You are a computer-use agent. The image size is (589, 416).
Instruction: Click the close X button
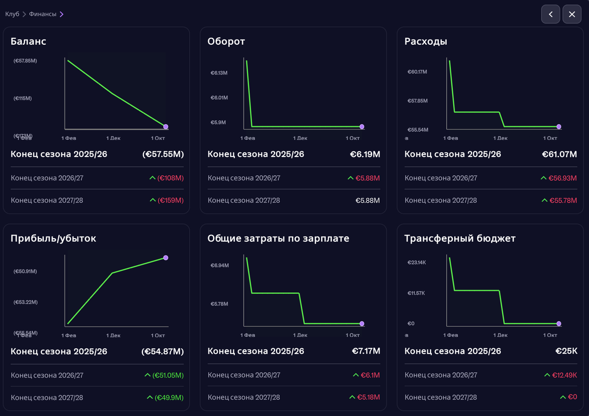pyautogui.click(x=572, y=14)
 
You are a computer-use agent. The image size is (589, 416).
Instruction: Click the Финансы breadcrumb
pyautogui.click(x=43, y=14)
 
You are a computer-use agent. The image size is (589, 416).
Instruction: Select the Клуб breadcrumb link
pyautogui.click(x=12, y=14)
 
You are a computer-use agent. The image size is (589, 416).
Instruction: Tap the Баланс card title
pyautogui.click(x=28, y=42)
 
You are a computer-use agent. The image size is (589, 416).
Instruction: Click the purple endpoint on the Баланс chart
pyautogui.click(x=166, y=126)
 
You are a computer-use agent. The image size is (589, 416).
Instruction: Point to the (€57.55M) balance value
pyautogui.click(x=163, y=154)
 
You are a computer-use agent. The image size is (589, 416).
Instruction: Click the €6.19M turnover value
pyautogui.click(x=365, y=154)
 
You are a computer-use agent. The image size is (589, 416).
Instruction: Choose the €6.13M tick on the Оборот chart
pyautogui.click(x=219, y=73)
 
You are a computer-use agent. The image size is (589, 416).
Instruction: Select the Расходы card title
pyautogui.click(x=426, y=42)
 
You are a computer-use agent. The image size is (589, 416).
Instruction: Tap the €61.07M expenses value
pyautogui.click(x=559, y=154)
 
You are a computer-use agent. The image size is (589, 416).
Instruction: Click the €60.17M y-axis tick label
pyautogui.click(x=417, y=71)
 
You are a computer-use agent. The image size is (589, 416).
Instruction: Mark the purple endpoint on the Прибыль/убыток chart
pyautogui.click(x=166, y=257)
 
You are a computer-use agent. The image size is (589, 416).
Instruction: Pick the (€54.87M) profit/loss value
pyautogui.click(x=163, y=352)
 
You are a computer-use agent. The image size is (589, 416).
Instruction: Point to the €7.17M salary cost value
pyautogui.click(x=366, y=352)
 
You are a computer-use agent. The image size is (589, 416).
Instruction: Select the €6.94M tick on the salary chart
pyautogui.click(x=219, y=265)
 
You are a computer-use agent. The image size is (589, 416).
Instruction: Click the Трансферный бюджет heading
pyautogui.click(x=460, y=239)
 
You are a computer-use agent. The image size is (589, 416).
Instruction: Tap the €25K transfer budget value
pyautogui.click(x=566, y=352)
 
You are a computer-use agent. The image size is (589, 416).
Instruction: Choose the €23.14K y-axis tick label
pyautogui.click(x=416, y=262)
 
